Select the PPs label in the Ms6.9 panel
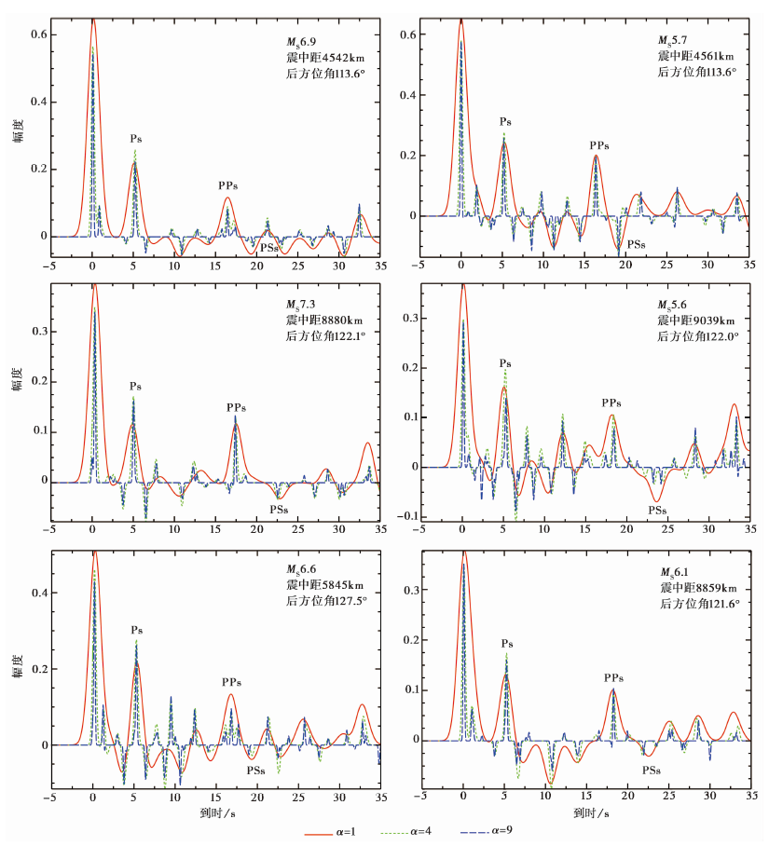(x=228, y=185)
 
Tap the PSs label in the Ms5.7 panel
(x=637, y=243)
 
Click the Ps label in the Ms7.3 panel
(x=135, y=386)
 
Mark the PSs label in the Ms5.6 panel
(x=657, y=510)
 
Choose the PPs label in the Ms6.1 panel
(x=612, y=677)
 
